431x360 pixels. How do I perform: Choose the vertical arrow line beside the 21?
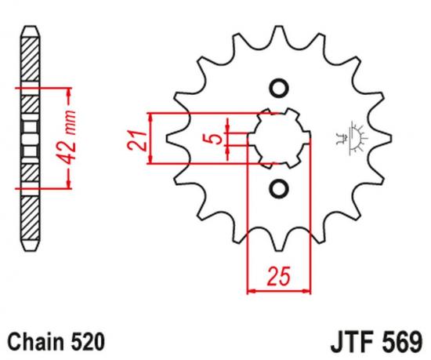(150, 139)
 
